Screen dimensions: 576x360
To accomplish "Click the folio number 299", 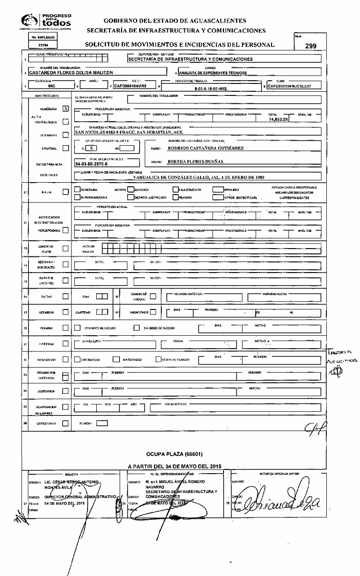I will [310, 46].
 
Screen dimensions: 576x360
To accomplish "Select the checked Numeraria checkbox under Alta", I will [65, 109].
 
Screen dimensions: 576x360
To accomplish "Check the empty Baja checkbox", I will [65, 192].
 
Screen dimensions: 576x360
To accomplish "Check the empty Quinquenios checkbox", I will [65, 423].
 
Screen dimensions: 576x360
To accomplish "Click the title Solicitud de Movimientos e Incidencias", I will [180, 45].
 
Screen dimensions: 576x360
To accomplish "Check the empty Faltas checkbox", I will [65, 296].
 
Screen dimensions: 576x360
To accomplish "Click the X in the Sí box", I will [92, 148].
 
